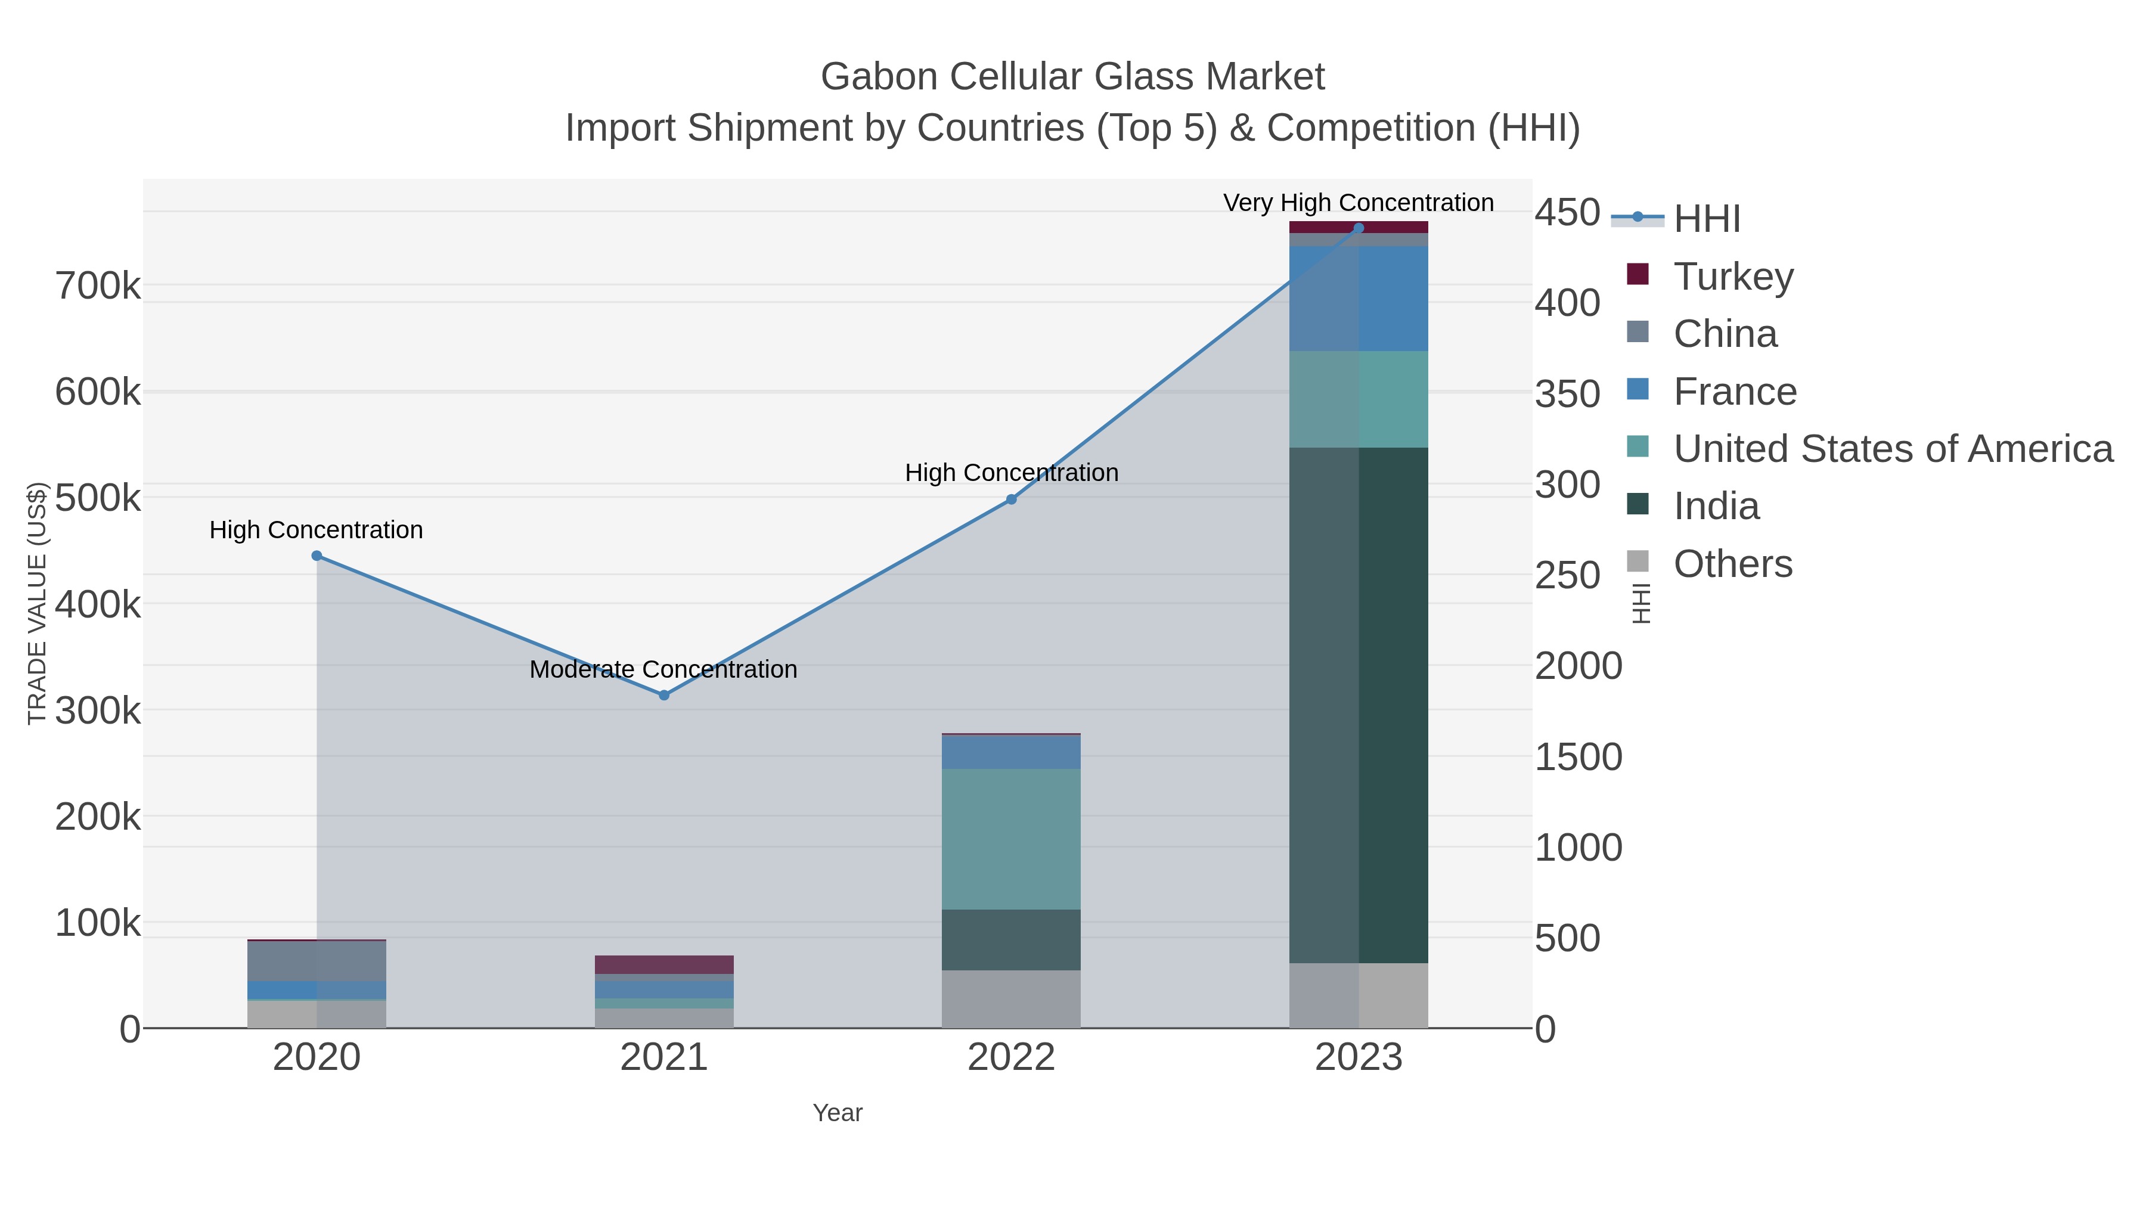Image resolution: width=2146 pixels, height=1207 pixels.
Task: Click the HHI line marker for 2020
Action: (317, 556)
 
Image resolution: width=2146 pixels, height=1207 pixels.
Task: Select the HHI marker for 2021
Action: (664, 695)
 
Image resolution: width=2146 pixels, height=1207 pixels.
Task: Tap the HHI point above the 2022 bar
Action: (1012, 499)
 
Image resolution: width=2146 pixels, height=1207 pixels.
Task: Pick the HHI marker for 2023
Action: (1359, 228)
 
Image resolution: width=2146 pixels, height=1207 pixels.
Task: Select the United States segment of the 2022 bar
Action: (1012, 839)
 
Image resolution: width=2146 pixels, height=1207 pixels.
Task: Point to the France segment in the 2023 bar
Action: (1359, 298)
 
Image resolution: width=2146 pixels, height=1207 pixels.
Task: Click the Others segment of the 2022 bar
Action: (1012, 999)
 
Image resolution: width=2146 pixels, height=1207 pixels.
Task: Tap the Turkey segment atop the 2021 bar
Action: (664, 964)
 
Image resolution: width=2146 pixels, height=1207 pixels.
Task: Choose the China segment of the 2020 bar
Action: (317, 961)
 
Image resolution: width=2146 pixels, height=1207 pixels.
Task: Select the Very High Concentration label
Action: (1358, 203)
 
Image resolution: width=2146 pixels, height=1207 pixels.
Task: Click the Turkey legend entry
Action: (1733, 276)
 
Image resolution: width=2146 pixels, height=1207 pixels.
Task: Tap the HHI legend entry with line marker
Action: (1706, 218)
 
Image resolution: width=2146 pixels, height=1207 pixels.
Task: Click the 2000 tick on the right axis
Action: (1578, 666)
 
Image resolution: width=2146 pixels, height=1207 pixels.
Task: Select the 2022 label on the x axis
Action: (1012, 1057)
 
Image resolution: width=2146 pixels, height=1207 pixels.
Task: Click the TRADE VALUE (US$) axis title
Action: (38, 603)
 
